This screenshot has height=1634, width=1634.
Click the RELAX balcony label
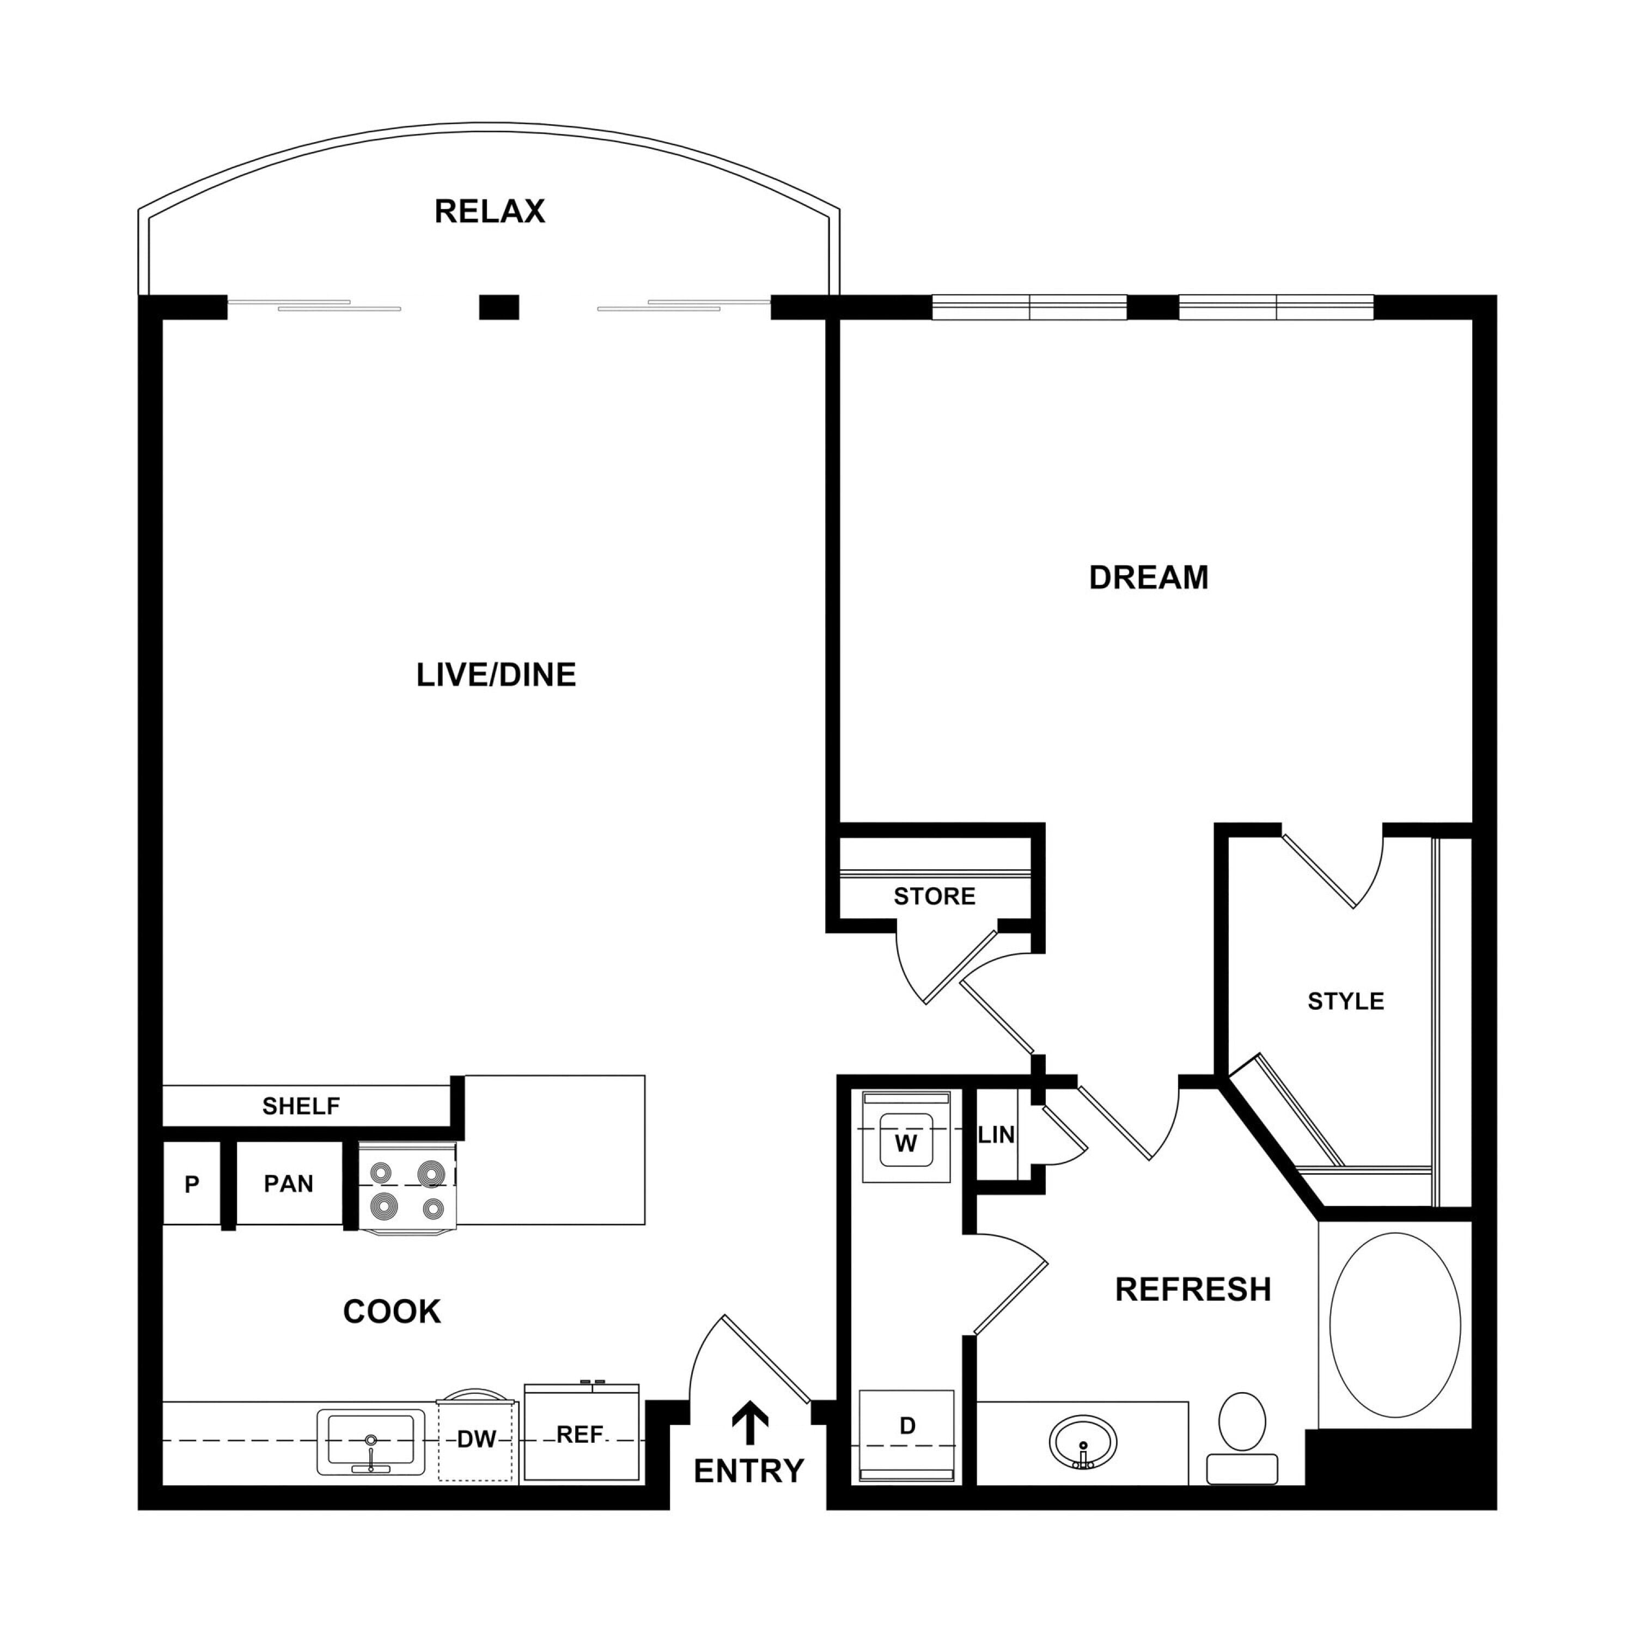pyautogui.click(x=490, y=211)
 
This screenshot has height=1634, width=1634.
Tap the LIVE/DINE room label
pyautogui.click(x=496, y=675)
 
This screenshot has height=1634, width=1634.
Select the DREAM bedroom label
pyautogui.click(x=1149, y=578)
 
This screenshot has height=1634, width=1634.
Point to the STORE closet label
pyautogui.click(x=935, y=897)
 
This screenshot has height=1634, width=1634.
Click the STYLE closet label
pyautogui.click(x=1345, y=1002)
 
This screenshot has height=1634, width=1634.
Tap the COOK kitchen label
pyautogui.click(x=392, y=1312)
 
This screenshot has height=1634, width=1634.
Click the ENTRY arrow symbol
pyautogui.click(x=749, y=1423)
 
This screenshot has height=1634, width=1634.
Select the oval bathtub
pyautogui.click(x=1395, y=1325)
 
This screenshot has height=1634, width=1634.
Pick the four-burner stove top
pyautogui.click(x=407, y=1187)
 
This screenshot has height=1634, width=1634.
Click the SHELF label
pyautogui.click(x=301, y=1106)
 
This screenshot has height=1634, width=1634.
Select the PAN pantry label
pyautogui.click(x=289, y=1184)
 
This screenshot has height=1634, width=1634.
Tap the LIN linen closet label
pyautogui.click(x=996, y=1135)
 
